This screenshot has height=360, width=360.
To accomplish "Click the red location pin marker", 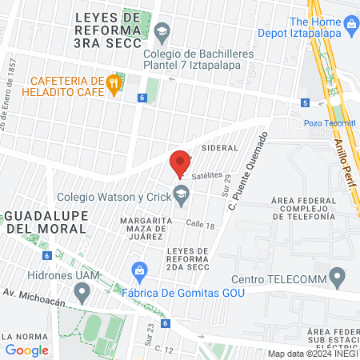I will tap(180, 162).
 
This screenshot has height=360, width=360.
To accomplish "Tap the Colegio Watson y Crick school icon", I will tap(182, 193).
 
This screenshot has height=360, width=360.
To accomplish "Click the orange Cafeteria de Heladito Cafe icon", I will tap(114, 83).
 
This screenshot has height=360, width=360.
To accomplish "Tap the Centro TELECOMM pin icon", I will tap(337, 278).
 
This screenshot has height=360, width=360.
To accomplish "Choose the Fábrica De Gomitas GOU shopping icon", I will tap(139, 270).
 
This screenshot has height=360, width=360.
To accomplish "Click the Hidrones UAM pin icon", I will tap(81, 293).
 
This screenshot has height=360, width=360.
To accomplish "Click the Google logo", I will tap(27, 350).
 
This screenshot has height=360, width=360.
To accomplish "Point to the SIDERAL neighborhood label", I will tap(220, 149).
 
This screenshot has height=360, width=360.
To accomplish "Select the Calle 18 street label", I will tap(200, 226).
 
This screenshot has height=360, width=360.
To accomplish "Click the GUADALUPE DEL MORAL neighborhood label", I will tap(46, 222).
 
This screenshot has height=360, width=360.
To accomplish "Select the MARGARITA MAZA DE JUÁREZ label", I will tap(142, 228).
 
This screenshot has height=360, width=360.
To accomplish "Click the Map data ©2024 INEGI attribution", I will tap(313, 354).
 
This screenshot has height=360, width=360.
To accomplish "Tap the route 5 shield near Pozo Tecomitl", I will tap(305, 102).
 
